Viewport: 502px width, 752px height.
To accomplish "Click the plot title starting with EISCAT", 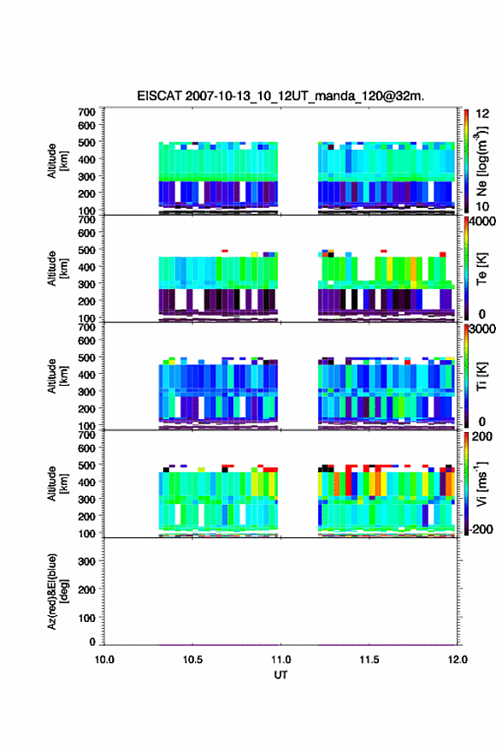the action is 281,96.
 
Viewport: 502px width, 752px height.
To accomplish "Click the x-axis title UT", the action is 281,675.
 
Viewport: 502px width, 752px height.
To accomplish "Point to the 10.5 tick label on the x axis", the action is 192,660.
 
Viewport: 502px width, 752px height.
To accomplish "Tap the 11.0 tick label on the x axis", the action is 281,660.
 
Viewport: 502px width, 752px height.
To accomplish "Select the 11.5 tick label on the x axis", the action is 369,660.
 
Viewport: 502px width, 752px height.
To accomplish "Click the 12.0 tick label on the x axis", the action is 457,660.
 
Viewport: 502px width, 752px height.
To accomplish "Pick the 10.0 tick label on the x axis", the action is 104,660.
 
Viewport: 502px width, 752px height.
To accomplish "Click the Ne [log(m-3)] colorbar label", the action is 481,161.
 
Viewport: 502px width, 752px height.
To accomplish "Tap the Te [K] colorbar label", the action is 481,269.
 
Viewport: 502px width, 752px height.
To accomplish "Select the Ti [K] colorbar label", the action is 481,376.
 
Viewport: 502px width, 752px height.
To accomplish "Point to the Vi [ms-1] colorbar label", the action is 481,483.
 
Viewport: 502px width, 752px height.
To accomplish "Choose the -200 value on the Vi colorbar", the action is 481,530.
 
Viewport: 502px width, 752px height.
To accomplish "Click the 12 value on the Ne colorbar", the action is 482,114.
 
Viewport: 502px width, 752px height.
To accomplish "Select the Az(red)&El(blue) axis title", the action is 58,591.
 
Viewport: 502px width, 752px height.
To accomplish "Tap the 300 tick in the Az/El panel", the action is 86,561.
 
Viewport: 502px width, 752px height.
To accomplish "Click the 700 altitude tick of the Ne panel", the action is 86,112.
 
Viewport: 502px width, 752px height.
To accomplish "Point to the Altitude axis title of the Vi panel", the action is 57,483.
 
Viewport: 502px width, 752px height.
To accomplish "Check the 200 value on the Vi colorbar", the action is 482,436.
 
